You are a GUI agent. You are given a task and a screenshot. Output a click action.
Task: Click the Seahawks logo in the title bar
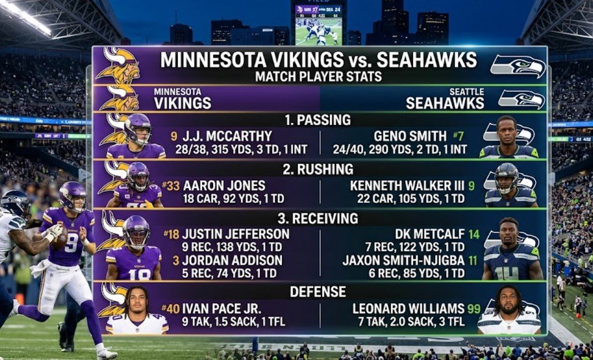[x=517, y=66]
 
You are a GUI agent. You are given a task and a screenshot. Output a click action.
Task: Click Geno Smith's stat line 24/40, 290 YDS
[x=400, y=149]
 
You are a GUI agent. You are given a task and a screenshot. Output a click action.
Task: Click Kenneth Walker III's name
[x=408, y=186]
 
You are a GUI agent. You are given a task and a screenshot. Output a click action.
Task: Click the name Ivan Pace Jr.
[x=228, y=308]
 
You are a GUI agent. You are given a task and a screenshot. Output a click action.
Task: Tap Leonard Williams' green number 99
[x=474, y=308]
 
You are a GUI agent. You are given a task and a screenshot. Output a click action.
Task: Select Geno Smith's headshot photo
[x=508, y=137]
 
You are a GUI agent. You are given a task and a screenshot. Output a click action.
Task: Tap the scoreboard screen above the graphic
[x=319, y=25]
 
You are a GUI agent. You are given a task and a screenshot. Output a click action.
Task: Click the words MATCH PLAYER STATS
[x=319, y=76]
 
